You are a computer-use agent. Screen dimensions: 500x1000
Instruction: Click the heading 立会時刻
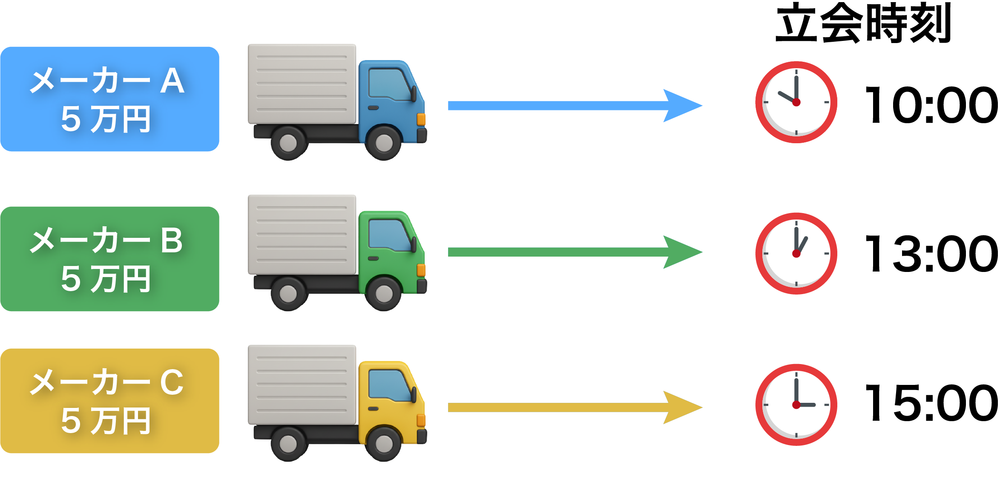click(x=863, y=23)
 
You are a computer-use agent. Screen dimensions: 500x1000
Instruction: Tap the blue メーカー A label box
click(x=109, y=99)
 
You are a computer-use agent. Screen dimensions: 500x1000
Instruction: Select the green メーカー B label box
click(x=109, y=259)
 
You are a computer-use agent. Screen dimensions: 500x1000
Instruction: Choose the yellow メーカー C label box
click(x=109, y=401)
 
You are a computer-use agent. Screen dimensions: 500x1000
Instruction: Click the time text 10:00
click(x=931, y=105)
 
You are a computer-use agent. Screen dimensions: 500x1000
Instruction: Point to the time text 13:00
click(x=931, y=254)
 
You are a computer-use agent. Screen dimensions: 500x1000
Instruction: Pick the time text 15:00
click(x=931, y=403)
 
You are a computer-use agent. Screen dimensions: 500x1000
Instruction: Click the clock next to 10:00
click(x=796, y=102)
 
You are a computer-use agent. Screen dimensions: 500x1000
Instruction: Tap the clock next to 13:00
click(x=796, y=254)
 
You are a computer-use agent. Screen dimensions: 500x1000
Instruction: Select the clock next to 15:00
click(x=796, y=405)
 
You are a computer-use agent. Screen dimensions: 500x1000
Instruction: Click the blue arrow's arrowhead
click(x=681, y=106)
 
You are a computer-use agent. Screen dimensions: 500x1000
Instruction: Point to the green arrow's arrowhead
click(x=681, y=252)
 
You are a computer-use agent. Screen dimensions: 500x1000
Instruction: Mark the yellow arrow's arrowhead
click(x=681, y=408)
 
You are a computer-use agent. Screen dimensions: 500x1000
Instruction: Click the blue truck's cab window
click(x=388, y=84)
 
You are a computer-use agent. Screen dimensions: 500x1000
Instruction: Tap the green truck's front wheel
click(x=384, y=293)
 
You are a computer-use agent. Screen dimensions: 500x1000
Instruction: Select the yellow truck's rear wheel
click(x=288, y=444)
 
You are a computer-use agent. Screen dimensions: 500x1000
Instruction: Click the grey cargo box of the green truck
click(x=302, y=234)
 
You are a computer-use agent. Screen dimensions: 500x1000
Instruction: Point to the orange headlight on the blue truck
click(x=421, y=119)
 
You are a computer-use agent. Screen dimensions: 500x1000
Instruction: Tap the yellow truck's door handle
click(x=374, y=409)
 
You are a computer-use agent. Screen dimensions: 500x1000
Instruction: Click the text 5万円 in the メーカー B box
click(x=106, y=279)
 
